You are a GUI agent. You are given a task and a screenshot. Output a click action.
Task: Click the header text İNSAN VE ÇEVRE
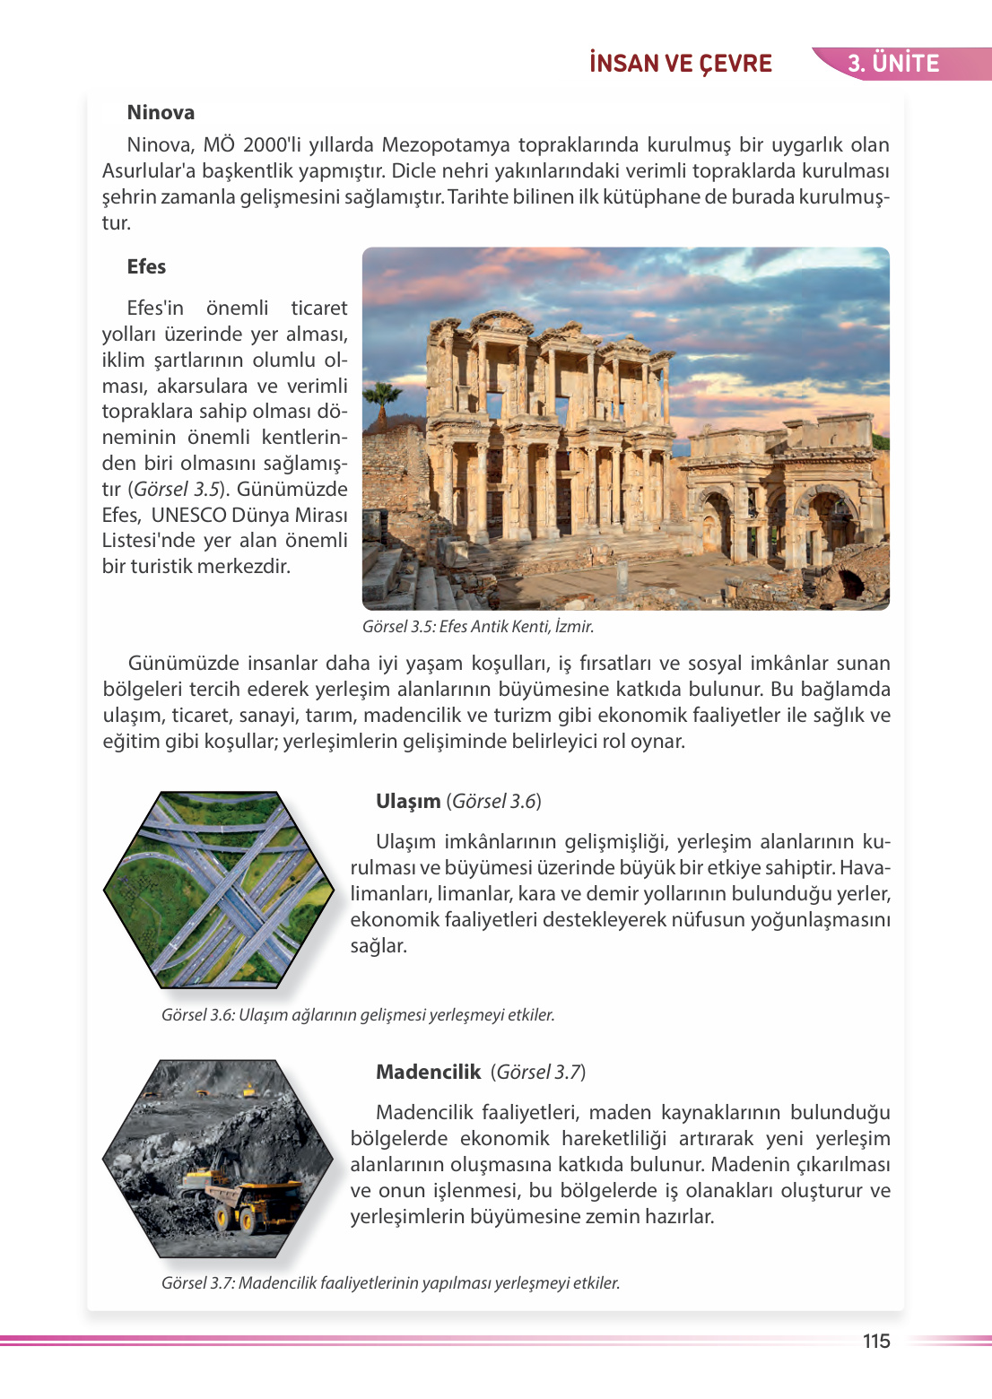click(681, 64)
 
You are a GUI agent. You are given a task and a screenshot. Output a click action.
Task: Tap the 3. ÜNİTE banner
click(893, 64)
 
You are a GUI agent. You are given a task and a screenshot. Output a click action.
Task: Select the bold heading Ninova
click(161, 113)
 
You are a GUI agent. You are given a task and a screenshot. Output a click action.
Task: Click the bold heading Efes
click(146, 267)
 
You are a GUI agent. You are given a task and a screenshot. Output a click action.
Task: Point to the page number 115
click(875, 1341)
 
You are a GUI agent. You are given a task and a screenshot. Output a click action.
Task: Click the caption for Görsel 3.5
click(477, 627)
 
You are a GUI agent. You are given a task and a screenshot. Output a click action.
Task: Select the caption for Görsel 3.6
click(358, 1015)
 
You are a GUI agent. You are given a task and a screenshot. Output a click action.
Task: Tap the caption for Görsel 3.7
click(390, 1283)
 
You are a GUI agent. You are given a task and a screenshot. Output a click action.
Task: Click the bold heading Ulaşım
click(408, 802)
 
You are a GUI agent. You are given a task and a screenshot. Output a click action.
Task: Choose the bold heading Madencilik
click(429, 1073)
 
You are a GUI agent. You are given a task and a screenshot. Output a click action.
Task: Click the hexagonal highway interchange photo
click(219, 890)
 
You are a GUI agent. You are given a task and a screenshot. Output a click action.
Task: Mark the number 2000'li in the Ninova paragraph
click(275, 145)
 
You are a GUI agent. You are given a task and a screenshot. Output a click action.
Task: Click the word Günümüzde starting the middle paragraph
click(185, 664)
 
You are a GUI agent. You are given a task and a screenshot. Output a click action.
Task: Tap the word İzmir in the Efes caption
click(574, 627)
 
